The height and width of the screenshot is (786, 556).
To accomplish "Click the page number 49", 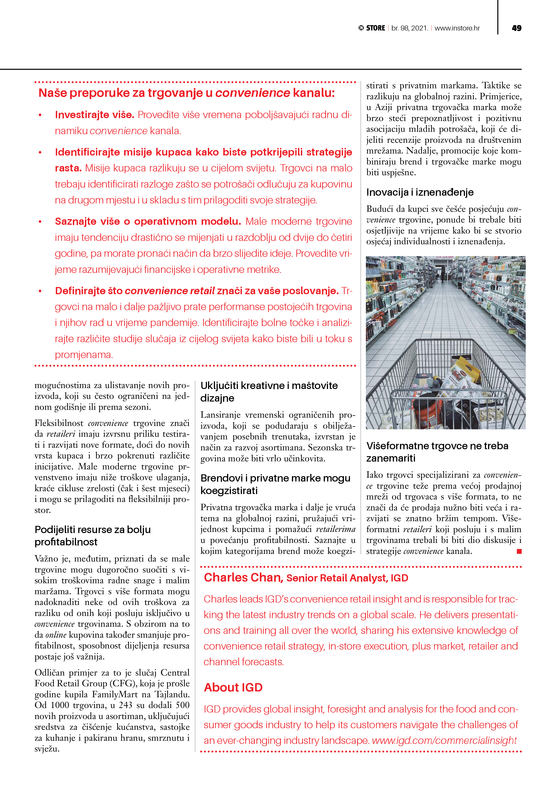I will coord(516,28).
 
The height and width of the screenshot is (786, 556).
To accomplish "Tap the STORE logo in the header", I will coord(372,28).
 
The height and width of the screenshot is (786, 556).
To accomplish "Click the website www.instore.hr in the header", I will coord(457,28).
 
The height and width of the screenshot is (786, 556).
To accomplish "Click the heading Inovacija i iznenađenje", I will coord(420,192).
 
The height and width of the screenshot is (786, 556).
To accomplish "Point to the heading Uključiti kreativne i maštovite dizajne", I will coord(269,392).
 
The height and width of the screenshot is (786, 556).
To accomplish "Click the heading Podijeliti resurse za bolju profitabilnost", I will coord(93,536).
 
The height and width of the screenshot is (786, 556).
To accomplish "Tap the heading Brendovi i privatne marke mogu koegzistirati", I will coord(275,484).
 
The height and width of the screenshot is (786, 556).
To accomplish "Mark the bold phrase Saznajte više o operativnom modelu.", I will coord(148,222).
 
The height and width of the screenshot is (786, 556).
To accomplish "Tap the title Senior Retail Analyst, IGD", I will coord(347,578).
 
